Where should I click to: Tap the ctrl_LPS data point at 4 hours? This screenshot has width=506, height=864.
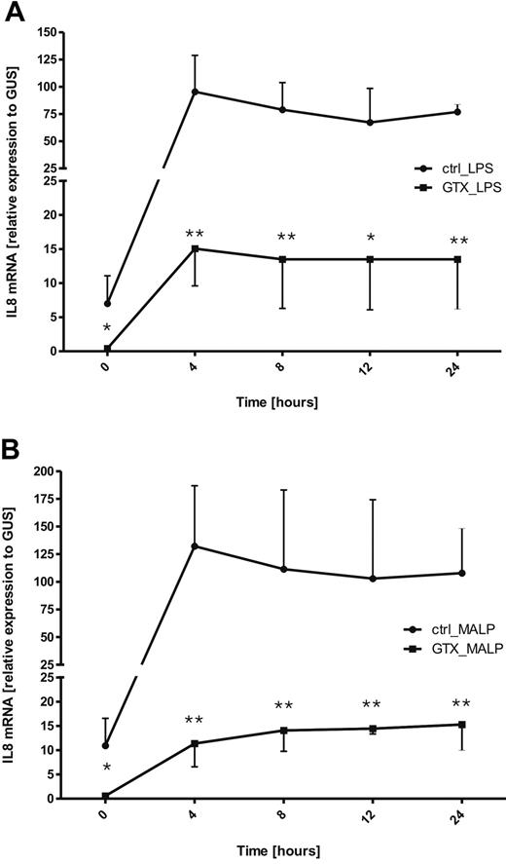point(196,92)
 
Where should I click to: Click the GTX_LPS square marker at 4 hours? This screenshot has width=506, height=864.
point(196,248)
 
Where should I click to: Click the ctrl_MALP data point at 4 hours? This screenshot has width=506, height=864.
point(196,545)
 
